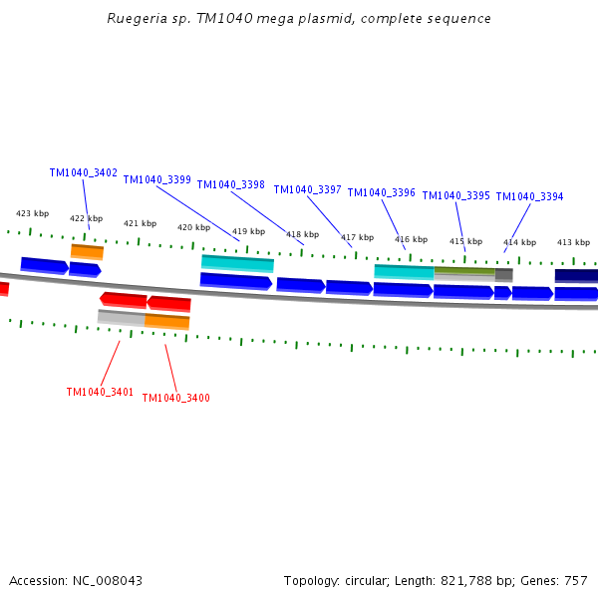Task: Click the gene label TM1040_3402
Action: tap(84, 172)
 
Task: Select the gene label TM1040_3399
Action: tap(157, 179)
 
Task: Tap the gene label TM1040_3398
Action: tap(230, 184)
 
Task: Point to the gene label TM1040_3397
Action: tap(307, 189)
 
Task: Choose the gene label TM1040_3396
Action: tap(381, 192)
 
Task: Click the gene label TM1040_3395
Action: tap(455, 195)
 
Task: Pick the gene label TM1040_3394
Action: tap(529, 196)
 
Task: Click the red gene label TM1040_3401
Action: tap(100, 392)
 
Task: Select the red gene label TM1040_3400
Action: tap(175, 398)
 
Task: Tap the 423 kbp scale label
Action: tap(32, 213)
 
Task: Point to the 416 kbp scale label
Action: tap(411, 239)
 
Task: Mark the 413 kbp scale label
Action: tap(573, 242)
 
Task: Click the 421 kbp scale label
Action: tap(140, 223)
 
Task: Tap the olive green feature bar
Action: tap(464, 271)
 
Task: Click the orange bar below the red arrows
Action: tap(166, 321)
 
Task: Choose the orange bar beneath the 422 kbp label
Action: tap(87, 251)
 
